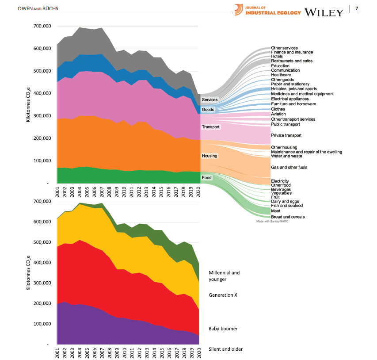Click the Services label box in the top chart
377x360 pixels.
[x=209, y=100]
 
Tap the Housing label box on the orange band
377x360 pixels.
[x=209, y=156]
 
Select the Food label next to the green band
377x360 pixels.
[x=206, y=178]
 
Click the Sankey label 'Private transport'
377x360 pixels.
[x=286, y=135]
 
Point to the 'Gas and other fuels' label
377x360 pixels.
[x=289, y=168]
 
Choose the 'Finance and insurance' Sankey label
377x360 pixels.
[x=292, y=52]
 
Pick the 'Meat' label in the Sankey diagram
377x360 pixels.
[x=276, y=211]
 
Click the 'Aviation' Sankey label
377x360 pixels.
[x=278, y=114]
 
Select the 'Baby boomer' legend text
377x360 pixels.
[x=223, y=329]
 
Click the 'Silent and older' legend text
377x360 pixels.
[x=225, y=349]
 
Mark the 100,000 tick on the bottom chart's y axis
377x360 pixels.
[x=43, y=323]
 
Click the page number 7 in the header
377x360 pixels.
[x=356, y=9]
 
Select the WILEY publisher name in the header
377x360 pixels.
[x=324, y=12]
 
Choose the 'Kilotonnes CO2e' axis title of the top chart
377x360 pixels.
[x=29, y=104]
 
